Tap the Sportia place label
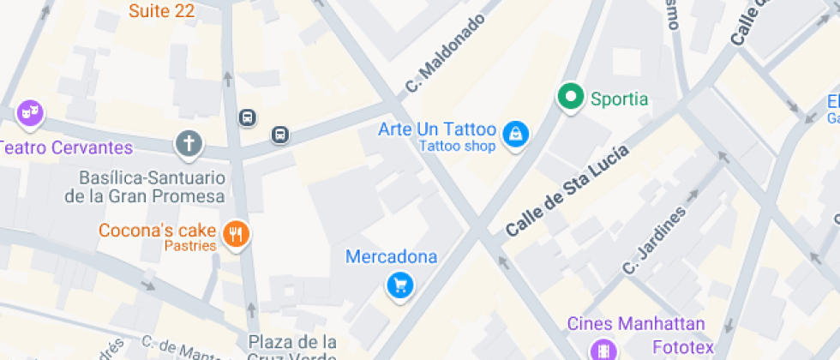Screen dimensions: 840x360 point(619,99)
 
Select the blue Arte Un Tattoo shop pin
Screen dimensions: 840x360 point(515,134)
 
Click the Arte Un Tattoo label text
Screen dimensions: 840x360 point(437,130)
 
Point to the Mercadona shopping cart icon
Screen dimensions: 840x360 point(399,285)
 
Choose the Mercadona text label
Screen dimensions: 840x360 point(391,256)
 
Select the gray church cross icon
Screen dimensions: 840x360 point(189,143)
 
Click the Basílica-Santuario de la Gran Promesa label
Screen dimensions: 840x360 point(145,187)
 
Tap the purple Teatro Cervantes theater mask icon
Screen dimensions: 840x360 point(31,111)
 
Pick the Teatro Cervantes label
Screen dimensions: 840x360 point(67,147)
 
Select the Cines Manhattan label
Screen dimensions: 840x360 point(636,324)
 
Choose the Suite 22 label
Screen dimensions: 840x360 point(161,11)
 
